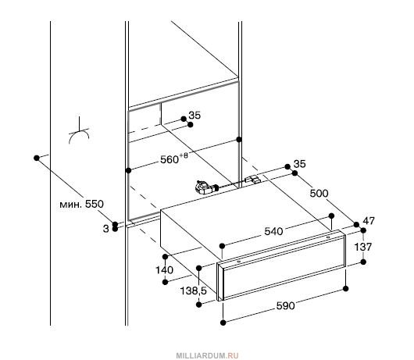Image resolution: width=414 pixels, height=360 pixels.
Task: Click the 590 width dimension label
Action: (285, 306)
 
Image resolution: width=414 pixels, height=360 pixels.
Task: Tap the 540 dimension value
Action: (273, 231)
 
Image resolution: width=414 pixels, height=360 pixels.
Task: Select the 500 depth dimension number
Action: (319, 194)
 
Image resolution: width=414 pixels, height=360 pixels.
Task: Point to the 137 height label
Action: (362, 247)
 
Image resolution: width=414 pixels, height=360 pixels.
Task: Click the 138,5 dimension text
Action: (193, 290)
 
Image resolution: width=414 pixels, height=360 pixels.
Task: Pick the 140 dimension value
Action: (164, 270)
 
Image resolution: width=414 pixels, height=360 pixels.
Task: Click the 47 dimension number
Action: (369, 221)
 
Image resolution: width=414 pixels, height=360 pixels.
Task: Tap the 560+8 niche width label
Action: (174, 159)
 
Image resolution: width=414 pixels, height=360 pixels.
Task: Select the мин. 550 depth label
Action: (81, 204)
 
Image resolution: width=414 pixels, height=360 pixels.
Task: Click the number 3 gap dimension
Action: (106, 229)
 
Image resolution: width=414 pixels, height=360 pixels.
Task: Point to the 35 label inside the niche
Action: (195, 116)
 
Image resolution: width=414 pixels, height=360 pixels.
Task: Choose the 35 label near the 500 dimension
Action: (299, 164)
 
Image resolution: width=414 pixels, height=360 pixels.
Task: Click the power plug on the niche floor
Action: (205, 187)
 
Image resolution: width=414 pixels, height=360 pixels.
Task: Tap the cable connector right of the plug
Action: (252, 180)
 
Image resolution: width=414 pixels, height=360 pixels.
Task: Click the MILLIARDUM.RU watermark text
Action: (207, 355)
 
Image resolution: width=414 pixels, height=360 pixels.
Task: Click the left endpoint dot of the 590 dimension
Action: (223, 323)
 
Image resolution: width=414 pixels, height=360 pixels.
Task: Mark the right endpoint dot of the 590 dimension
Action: (346, 288)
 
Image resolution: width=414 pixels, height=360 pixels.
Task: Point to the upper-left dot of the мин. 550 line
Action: (37, 158)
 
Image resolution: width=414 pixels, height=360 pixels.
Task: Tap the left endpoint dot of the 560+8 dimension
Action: (129, 170)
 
